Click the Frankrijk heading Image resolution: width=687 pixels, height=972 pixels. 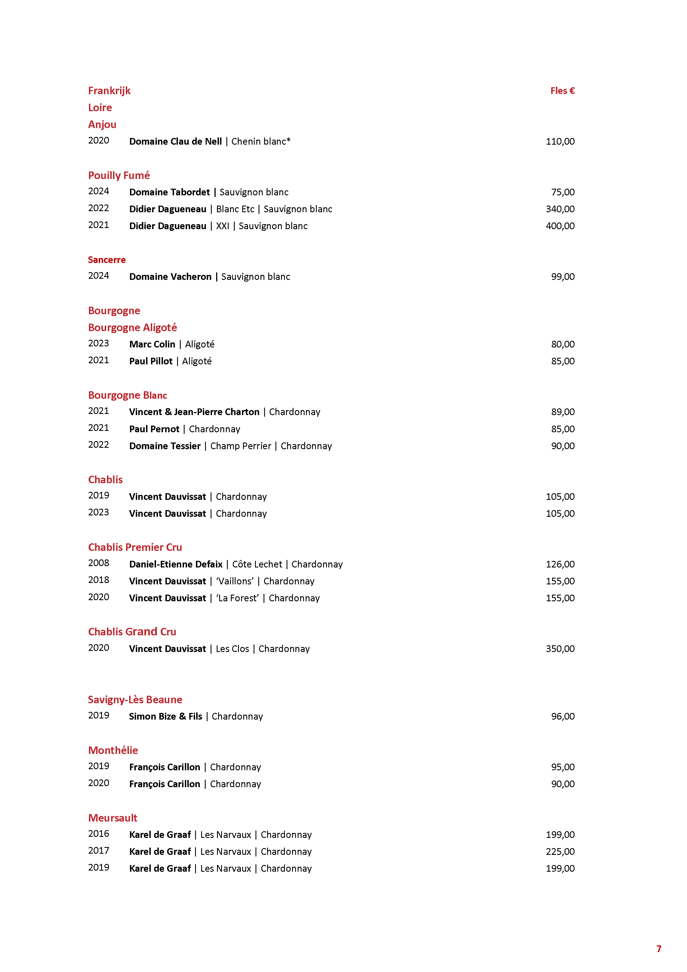109,91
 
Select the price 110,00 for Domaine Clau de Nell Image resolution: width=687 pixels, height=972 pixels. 560,141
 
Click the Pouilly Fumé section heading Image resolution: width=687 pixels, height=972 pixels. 119,175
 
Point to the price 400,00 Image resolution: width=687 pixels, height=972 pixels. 560,226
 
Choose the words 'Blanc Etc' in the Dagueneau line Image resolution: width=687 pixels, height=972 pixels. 235,209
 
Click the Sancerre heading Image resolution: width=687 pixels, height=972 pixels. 107,260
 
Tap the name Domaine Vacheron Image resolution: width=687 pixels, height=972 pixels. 170,277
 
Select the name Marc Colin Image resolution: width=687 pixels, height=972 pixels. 152,344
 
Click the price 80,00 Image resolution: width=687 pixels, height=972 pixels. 563,344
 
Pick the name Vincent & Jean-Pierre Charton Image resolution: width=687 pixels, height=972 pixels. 194,412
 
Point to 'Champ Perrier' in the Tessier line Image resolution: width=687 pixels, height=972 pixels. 241,446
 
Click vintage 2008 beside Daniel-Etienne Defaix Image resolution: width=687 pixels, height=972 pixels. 99,563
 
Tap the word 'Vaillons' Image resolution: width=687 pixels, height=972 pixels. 235,581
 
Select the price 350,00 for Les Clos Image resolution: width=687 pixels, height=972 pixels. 560,649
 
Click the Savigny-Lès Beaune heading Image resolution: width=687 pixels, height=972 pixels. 135,699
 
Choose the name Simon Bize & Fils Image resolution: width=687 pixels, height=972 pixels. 165,716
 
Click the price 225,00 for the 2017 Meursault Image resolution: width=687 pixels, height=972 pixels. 560,851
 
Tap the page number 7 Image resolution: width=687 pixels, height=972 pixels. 659,949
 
